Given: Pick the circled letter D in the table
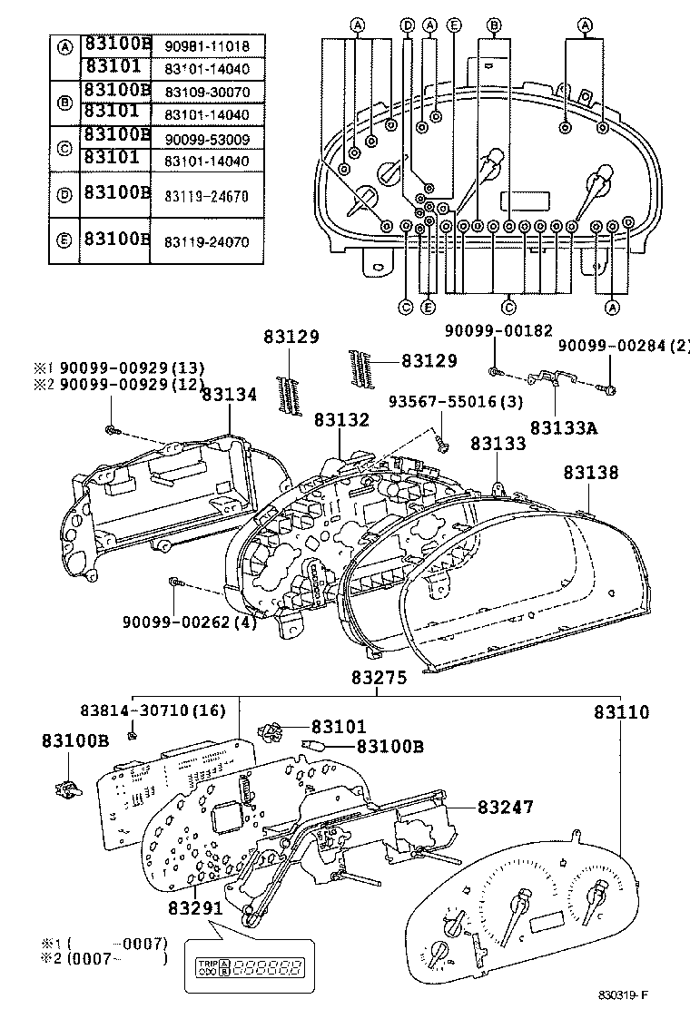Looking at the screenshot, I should [64, 193].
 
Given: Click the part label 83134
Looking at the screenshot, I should [230, 394].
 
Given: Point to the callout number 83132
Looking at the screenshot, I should [342, 420].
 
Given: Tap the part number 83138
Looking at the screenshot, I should [590, 473].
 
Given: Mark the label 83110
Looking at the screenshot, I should [622, 713].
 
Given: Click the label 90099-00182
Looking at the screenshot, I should [498, 331].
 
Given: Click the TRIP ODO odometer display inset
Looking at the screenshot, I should [244, 968].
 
